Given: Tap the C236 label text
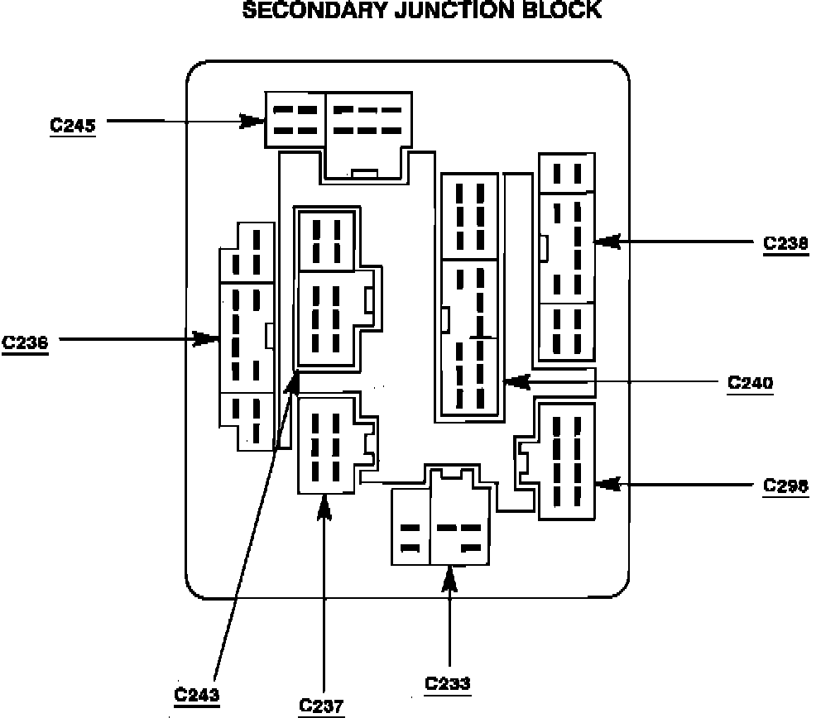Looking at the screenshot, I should tap(25, 342).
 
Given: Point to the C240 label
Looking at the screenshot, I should tap(751, 383).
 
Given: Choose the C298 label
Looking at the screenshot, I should tap(785, 486).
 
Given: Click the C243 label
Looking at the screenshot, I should tap(197, 693).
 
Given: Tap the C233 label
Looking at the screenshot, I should tap(448, 683).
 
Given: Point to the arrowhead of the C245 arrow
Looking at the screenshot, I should tap(253, 122).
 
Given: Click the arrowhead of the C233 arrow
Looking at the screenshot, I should tap(449, 578).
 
